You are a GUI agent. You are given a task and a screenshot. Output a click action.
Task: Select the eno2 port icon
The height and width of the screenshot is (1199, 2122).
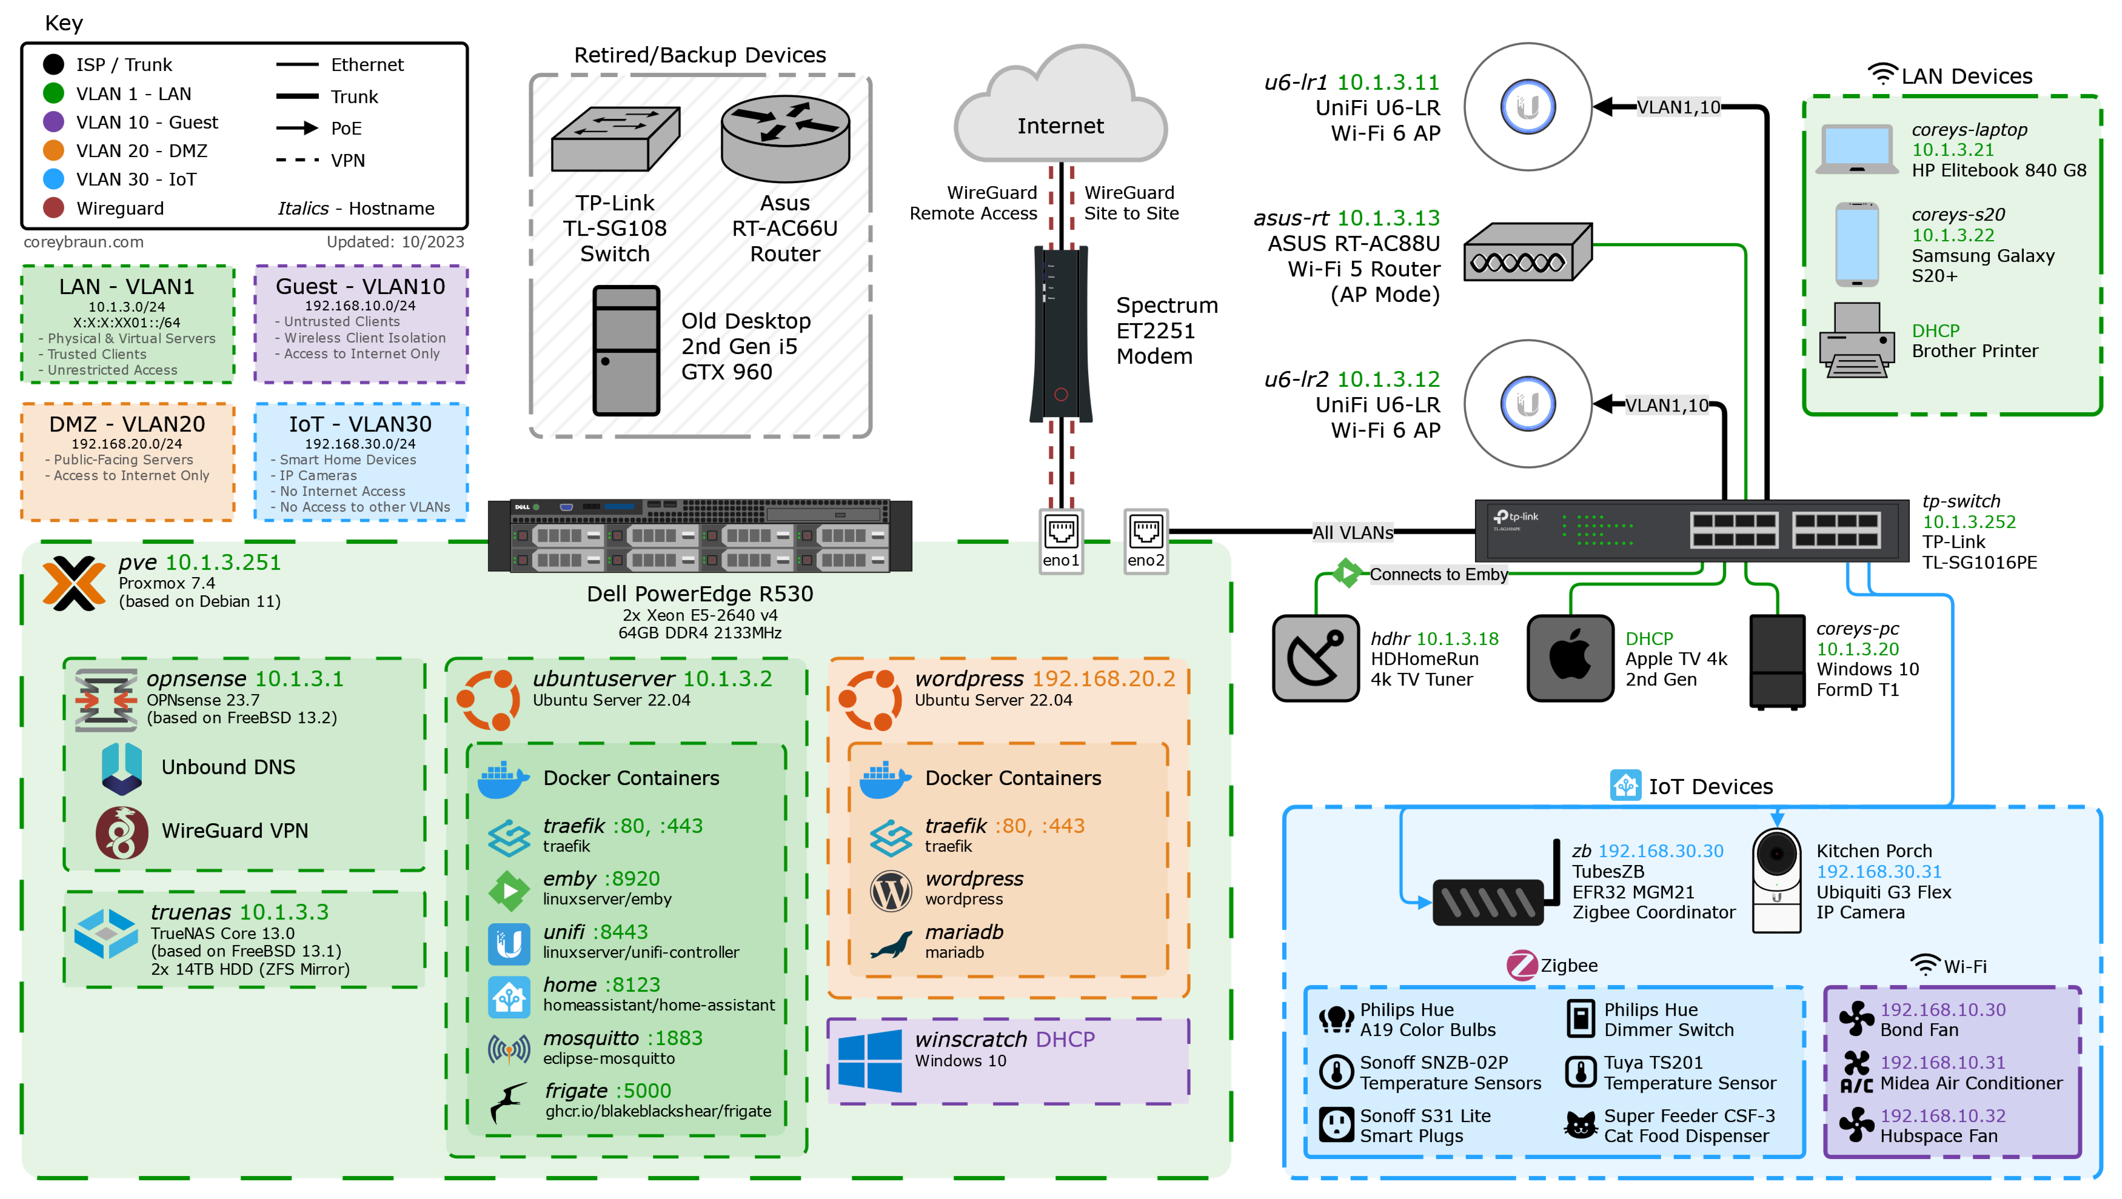(x=1145, y=532)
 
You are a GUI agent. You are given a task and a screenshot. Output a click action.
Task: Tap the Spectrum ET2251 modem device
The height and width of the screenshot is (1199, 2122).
(x=1061, y=333)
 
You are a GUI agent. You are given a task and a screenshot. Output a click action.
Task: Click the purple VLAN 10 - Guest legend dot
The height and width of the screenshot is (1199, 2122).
(x=53, y=122)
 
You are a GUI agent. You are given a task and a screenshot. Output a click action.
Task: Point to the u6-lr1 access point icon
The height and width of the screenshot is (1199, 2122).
(x=1527, y=107)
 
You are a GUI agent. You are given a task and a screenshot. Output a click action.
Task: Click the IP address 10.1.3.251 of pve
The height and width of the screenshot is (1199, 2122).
(x=223, y=563)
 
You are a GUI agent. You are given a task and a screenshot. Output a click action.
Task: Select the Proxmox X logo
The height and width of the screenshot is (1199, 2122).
(x=74, y=582)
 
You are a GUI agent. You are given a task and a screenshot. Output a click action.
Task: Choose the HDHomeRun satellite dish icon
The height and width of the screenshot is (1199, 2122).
(x=1316, y=658)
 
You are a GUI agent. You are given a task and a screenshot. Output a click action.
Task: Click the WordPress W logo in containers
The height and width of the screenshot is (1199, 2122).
(x=891, y=890)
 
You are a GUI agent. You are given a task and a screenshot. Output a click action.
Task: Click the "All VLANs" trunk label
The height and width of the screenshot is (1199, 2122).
(x=1353, y=533)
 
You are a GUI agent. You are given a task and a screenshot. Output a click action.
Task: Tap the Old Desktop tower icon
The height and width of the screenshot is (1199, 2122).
(x=626, y=350)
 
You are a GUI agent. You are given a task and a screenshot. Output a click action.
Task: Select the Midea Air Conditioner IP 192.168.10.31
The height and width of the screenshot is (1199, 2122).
(x=1943, y=1062)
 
